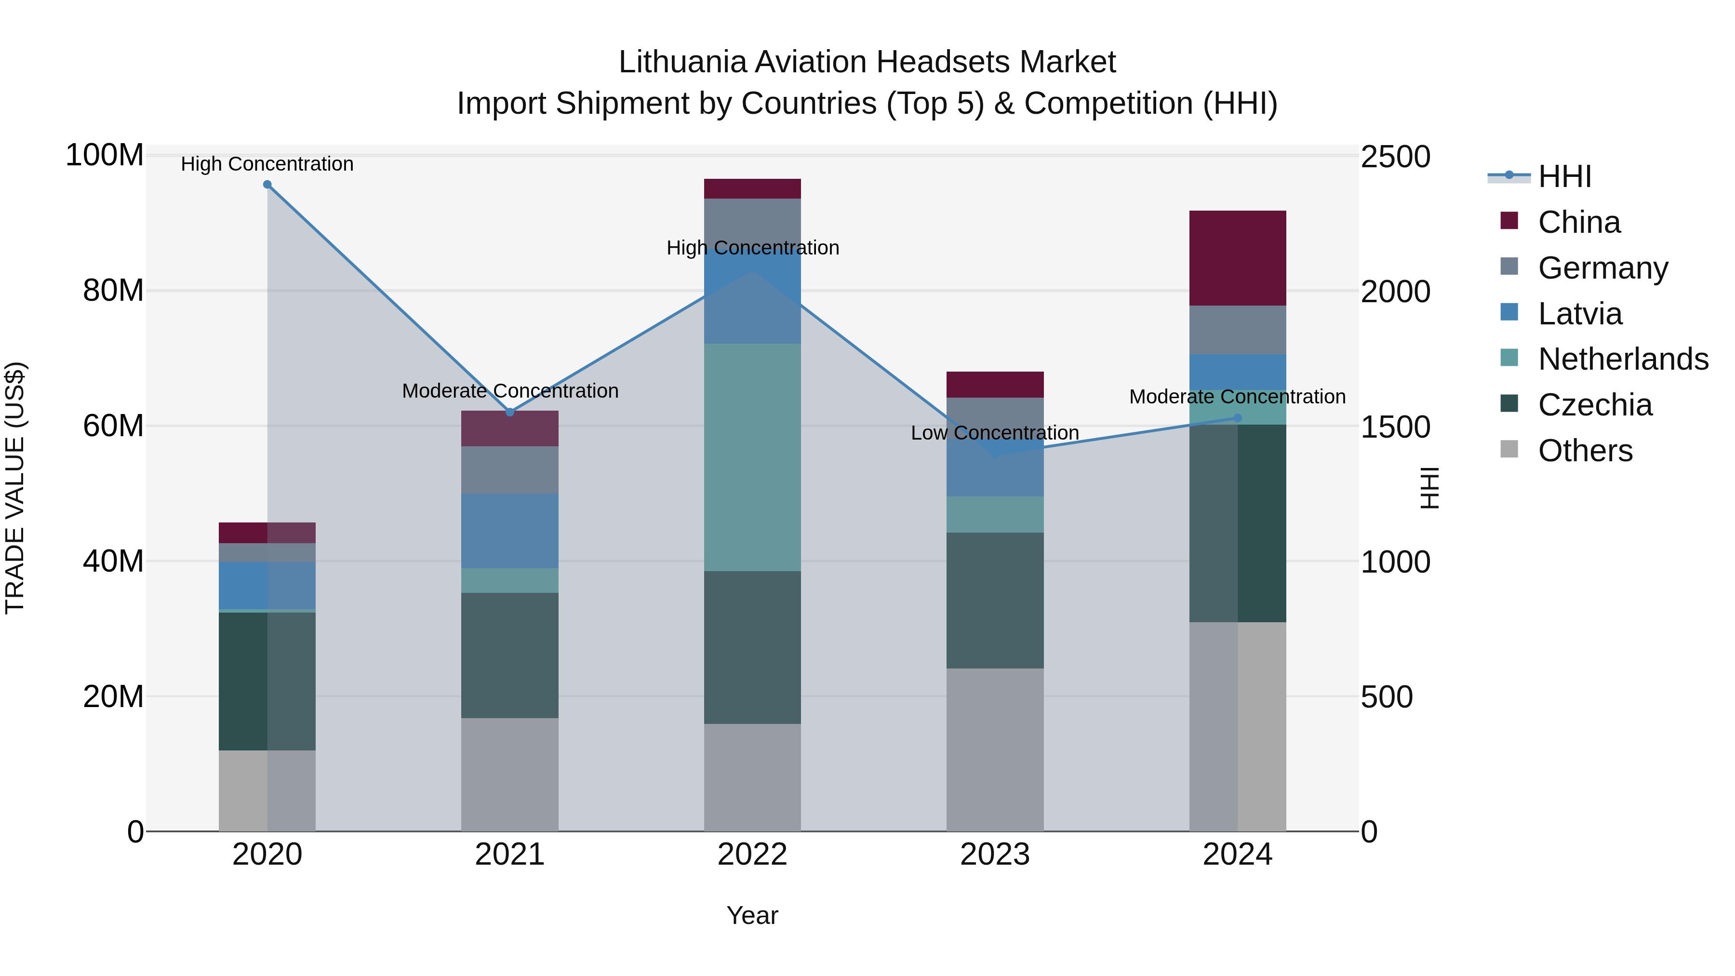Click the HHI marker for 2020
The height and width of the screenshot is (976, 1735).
pos(267,185)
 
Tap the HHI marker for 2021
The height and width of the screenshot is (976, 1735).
pos(510,412)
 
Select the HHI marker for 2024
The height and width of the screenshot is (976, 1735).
pos(1237,418)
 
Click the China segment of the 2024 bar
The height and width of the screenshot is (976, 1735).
pos(1237,258)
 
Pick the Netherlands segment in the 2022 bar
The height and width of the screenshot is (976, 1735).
pos(752,457)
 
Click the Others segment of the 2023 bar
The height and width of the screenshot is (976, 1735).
pos(995,749)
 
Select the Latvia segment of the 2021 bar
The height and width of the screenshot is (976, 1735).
pos(510,531)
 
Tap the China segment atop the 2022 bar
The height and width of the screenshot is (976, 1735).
pos(752,188)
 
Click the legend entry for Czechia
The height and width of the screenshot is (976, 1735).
pos(1595,405)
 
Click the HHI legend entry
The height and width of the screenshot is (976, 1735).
pos(1564,176)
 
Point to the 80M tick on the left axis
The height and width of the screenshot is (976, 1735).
pos(113,291)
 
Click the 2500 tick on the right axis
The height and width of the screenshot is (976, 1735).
pos(1395,157)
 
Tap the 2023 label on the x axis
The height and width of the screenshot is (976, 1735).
pos(995,855)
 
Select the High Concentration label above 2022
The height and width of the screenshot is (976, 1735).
pos(752,248)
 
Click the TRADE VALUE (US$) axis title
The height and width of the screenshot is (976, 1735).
pos(15,488)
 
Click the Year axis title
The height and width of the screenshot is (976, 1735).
pos(752,915)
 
